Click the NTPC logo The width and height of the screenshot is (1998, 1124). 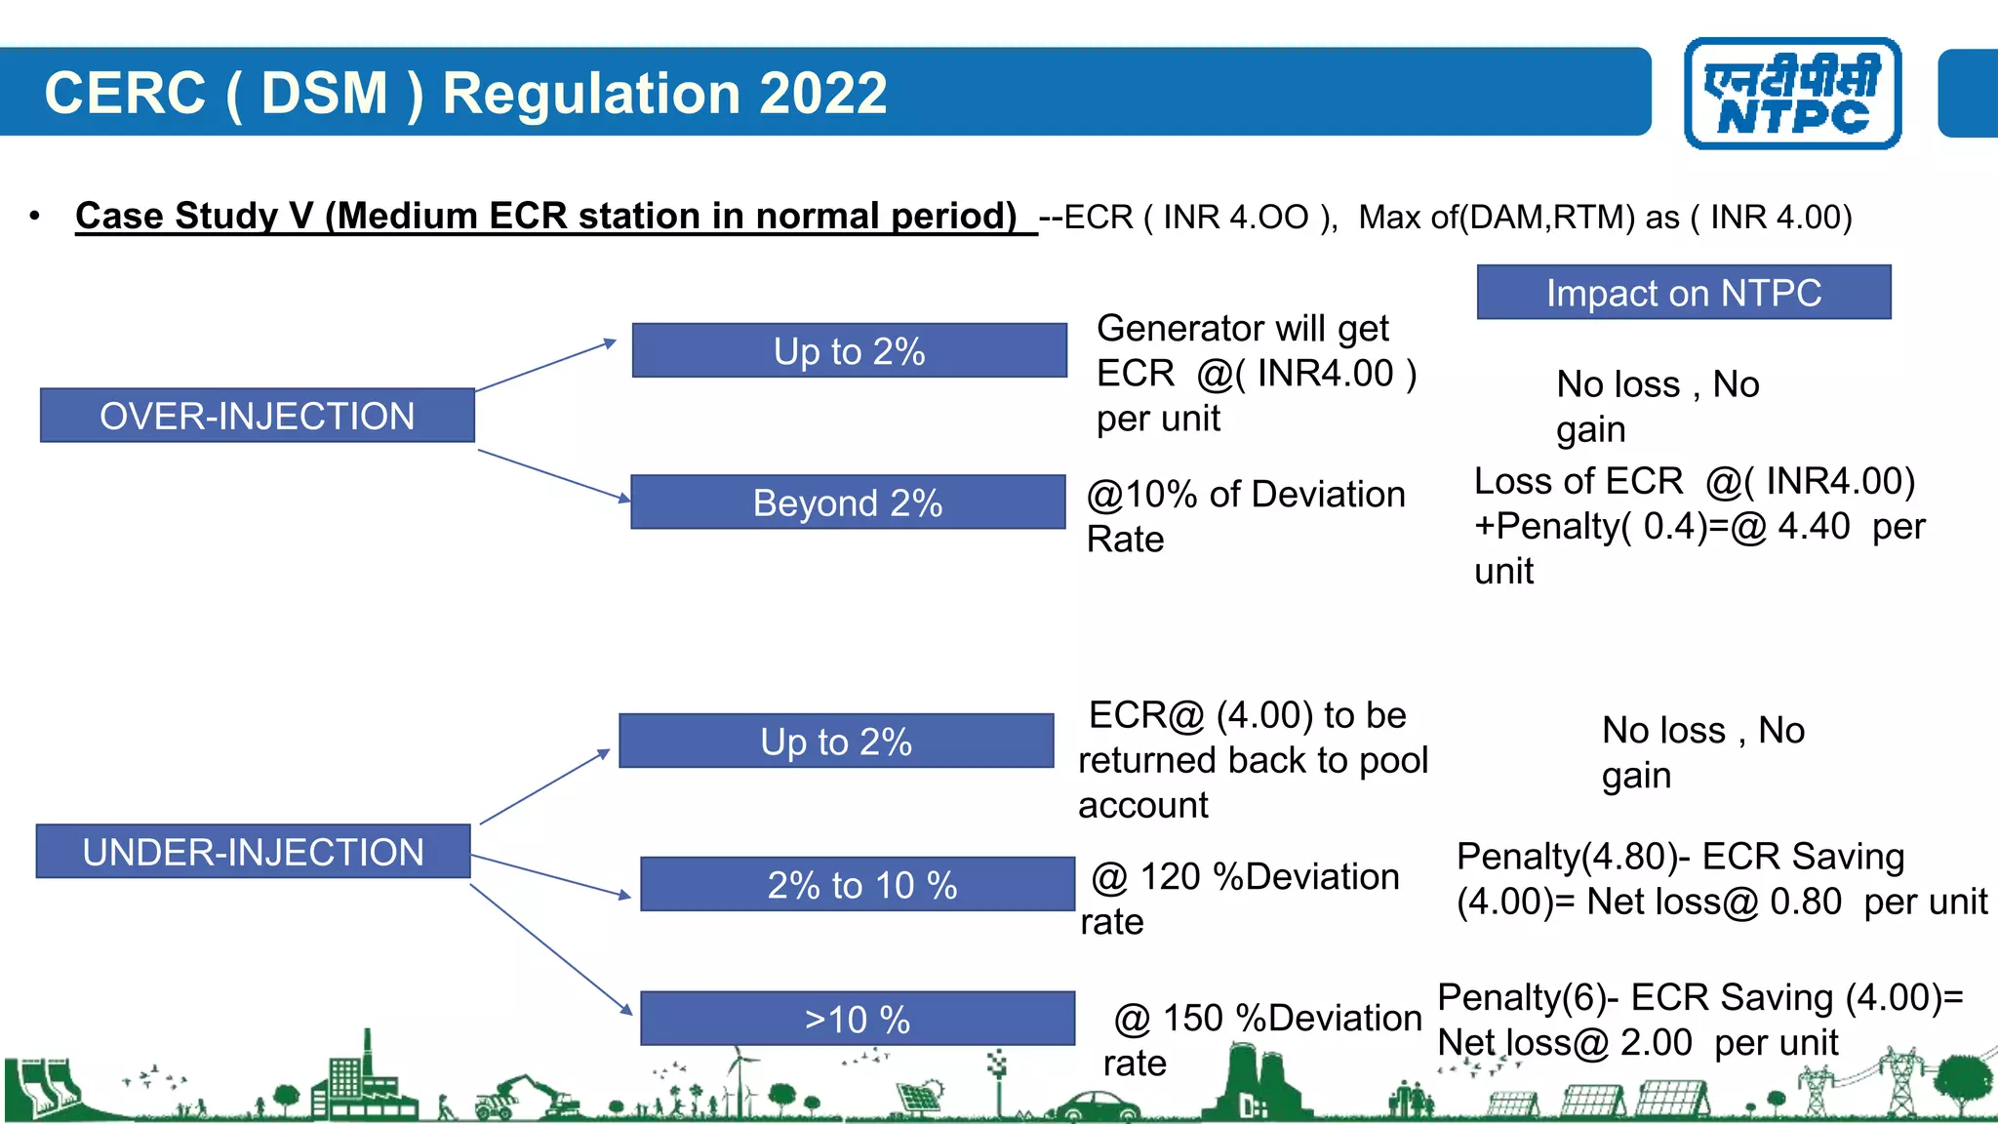point(1792,94)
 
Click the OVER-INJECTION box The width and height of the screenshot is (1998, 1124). point(258,416)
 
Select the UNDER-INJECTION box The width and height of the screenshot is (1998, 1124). point(254,852)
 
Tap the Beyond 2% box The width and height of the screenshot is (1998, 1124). point(848,502)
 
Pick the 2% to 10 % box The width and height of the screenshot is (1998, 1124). point(858,885)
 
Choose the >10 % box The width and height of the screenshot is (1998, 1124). point(858,1020)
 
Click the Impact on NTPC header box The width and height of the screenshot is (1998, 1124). point(1684,293)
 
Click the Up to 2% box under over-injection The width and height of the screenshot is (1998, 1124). point(849,351)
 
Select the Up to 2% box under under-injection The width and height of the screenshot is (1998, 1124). point(836,742)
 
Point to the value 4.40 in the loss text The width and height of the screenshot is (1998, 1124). point(1813,527)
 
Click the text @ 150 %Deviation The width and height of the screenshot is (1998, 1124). point(1267,1019)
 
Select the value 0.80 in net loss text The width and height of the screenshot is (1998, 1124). point(1805,902)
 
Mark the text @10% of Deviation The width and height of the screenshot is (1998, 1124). point(1246,495)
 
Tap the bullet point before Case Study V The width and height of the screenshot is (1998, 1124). point(35,217)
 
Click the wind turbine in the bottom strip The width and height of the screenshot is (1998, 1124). point(740,1078)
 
